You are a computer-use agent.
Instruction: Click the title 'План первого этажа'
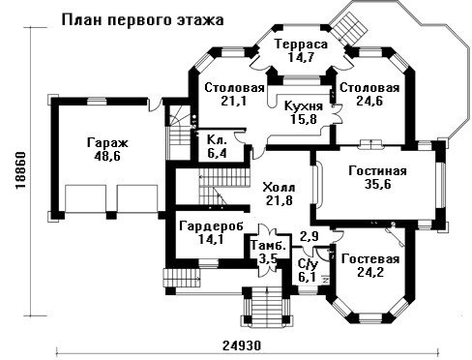point(142,20)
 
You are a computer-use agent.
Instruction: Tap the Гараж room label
point(107,142)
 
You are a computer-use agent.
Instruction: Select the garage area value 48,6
point(107,157)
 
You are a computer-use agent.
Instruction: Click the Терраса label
point(301,45)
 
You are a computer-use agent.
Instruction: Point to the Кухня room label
point(304,106)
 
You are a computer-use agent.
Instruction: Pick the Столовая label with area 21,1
point(234,88)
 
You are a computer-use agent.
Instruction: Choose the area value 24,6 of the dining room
point(369,102)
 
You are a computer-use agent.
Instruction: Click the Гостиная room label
point(377,171)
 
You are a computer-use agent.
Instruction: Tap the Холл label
point(279,187)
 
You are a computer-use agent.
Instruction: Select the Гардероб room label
point(211,226)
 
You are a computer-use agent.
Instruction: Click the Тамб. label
point(268,245)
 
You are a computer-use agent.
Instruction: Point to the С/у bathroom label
point(308,264)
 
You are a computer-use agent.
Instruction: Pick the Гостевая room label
point(370,259)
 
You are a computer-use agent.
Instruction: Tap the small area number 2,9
point(310,236)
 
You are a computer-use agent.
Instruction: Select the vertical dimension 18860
point(21,172)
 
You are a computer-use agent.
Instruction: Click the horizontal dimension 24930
point(242,345)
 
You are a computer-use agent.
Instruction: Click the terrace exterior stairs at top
point(350,27)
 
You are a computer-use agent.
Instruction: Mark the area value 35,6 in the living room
point(377,184)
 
